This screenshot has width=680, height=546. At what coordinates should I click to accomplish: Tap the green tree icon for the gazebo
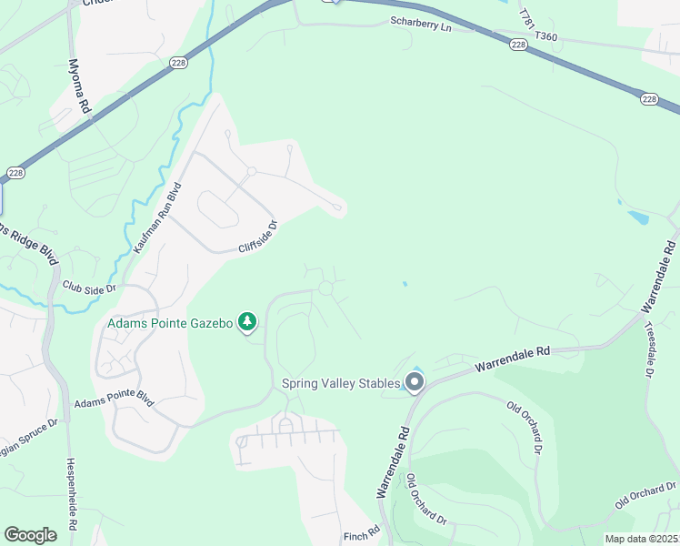[x=246, y=321]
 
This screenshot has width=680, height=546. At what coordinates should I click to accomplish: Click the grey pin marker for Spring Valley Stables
[x=415, y=382]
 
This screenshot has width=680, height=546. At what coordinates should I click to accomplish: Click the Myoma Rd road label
[x=81, y=87]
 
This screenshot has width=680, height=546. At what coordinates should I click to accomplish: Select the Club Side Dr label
[x=89, y=287]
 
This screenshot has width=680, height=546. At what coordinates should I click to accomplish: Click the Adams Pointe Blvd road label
[x=115, y=401]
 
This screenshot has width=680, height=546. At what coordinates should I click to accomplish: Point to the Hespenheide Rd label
[x=72, y=492]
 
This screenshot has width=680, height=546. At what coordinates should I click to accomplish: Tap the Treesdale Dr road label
[x=650, y=349]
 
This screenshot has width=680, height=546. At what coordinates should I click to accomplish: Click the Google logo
[x=30, y=535]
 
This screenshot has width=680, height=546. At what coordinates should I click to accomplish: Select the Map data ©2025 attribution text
[x=640, y=539]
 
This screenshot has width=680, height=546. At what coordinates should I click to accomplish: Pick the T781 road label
[x=525, y=18]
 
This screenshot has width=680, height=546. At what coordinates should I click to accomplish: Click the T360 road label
[x=546, y=35]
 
